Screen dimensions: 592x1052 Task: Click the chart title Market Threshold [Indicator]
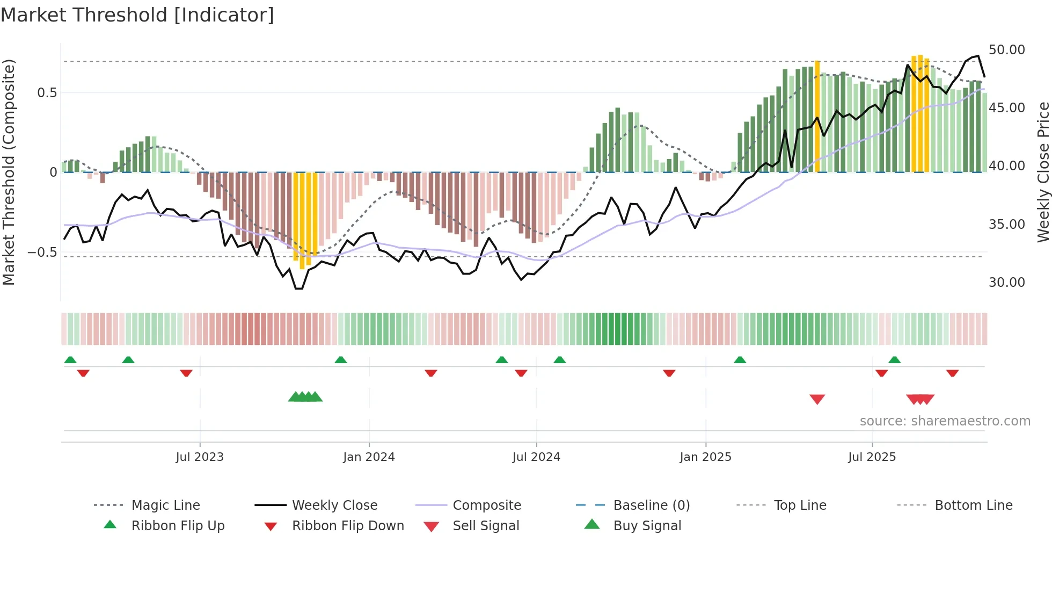(137, 15)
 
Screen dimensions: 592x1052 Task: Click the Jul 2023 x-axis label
(200, 457)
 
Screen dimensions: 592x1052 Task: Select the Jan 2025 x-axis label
(705, 457)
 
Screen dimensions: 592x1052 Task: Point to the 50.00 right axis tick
(1006, 50)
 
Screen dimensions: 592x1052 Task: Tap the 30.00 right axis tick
(1006, 283)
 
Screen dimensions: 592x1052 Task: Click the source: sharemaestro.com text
(945, 421)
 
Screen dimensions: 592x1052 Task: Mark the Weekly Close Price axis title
(1043, 172)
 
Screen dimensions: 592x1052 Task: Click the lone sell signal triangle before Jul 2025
(817, 399)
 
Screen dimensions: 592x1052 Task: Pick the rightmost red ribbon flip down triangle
(952, 373)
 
